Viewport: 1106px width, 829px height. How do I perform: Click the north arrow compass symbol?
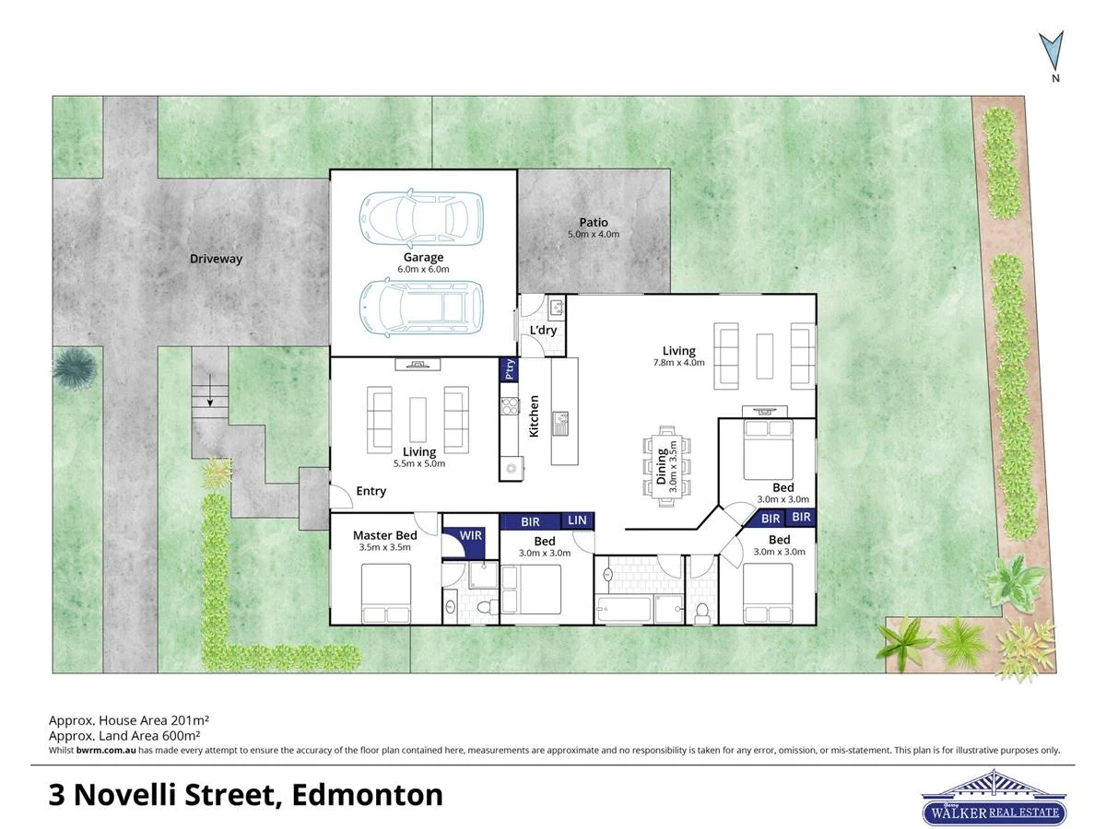(x=1052, y=53)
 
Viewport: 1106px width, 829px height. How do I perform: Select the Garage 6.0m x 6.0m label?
(x=423, y=263)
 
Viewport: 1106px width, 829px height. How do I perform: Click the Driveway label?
(x=216, y=259)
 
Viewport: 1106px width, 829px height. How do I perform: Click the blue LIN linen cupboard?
(x=577, y=521)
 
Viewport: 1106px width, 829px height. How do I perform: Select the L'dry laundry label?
(x=542, y=331)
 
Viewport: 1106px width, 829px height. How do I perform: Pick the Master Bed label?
(x=384, y=535)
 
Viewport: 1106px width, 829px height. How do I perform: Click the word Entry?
(x=371, y=492)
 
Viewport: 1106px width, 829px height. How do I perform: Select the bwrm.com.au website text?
(x=106, y=751)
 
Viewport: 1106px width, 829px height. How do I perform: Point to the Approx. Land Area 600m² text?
(x=124, y=736)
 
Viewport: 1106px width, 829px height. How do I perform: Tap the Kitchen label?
(x=534, y=416)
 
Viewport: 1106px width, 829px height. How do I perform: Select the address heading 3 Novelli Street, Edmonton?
(x=245, y=794)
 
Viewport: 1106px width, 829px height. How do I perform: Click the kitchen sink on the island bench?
(x=560, y=423)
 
